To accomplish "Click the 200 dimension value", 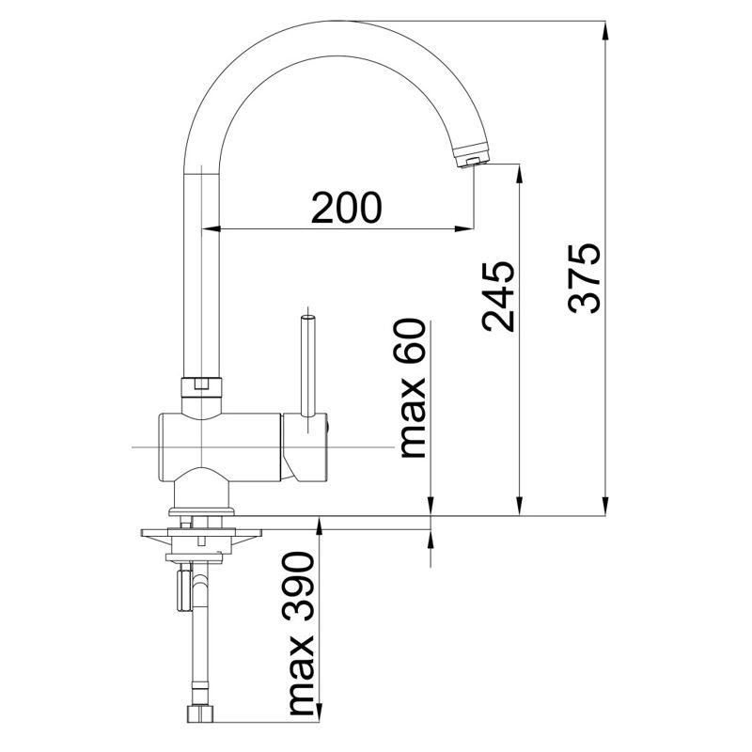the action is (x=346, y=208).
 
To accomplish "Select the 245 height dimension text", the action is (x=498, y=296).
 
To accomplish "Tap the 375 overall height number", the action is (x=584, y=278).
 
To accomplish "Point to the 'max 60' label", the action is (x=413, y=388).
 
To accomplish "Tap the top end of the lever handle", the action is (x=307, y=317).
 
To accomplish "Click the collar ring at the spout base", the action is (x=202, y=386).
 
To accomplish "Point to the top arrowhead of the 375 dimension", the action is (x=605, y=31).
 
